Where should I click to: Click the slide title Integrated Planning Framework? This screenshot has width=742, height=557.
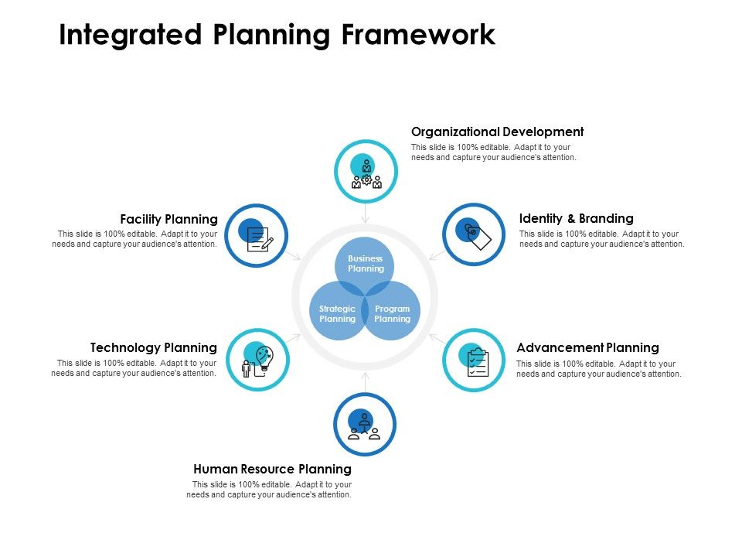coord(277,36)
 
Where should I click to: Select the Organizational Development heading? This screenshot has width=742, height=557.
coord(497,132)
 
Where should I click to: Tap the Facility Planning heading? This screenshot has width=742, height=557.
coord(168,219)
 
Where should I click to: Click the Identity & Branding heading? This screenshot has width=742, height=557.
coord(576,218)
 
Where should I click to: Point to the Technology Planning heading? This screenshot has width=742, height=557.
coord(153,348)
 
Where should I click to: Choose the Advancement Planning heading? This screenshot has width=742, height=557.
coord(587,348)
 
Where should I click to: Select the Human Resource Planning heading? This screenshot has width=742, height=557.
coord(272,469)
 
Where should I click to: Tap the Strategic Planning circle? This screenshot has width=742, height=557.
coord(337,314)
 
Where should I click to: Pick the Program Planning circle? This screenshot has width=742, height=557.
coord(393,314)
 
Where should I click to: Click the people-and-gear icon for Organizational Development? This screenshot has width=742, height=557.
coord(366,173)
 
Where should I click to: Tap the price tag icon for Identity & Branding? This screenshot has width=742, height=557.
coord(474,234)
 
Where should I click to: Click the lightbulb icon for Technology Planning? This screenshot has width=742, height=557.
coord(259,361)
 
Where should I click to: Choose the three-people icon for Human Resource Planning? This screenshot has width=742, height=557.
coord(365,425)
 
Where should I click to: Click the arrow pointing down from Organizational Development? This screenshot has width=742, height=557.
coord(366,215)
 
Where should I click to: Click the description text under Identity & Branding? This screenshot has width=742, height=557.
coord(601,239)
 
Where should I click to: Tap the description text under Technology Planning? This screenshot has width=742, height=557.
coord(134,368)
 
